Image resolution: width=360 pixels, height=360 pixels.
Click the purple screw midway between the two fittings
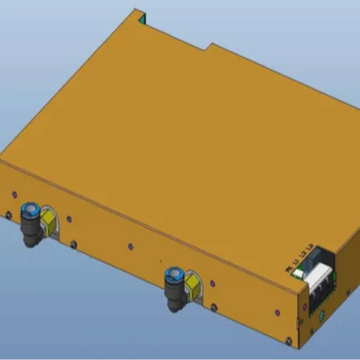point(130,245)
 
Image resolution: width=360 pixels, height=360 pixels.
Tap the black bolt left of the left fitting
point(9,214)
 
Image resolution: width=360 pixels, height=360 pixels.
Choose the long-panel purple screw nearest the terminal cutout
point(273,309)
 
